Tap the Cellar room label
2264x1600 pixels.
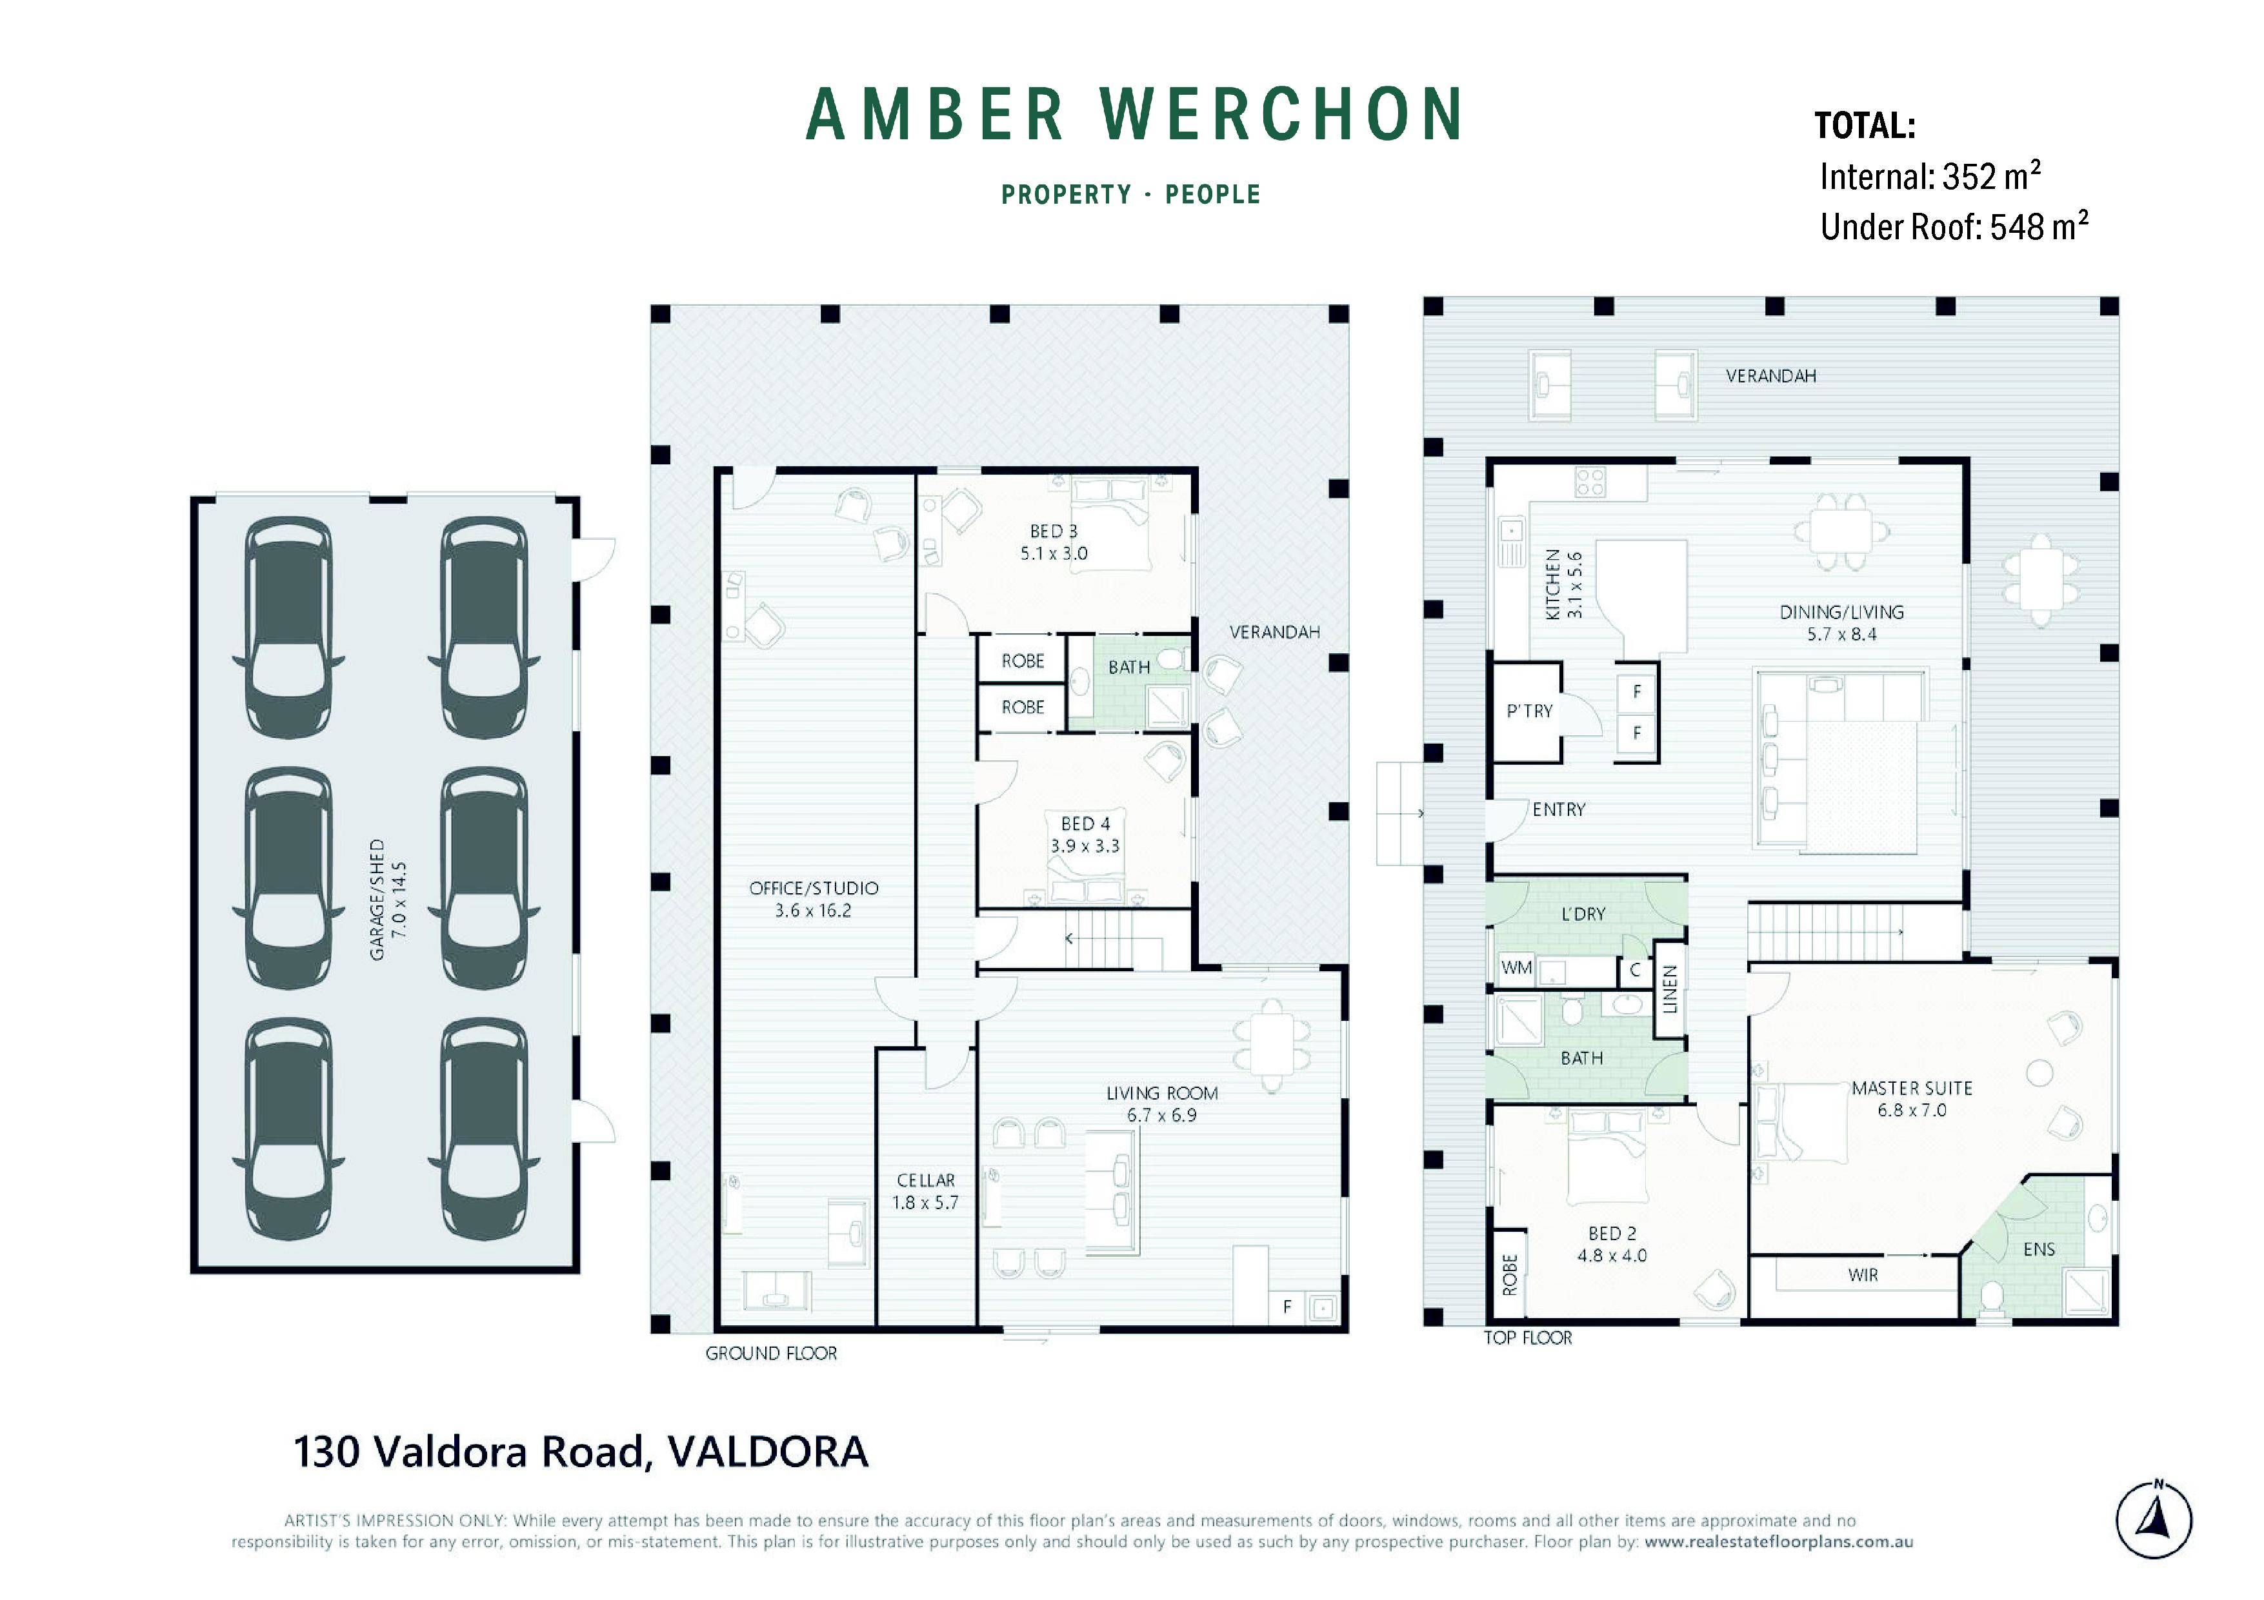(925, 1180)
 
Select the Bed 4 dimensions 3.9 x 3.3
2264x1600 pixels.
(1085, 846)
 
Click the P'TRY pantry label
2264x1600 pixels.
(1529, 711)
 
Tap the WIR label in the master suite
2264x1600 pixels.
(1863, 1275)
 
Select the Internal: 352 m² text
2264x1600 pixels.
(1928, 177)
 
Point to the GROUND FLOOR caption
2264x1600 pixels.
(771, 1354)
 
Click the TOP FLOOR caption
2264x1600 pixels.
(1527, 1338)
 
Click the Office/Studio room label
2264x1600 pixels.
(814, 888)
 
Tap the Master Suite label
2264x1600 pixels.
(1911, 1089)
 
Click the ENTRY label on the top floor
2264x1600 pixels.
(1558, 809)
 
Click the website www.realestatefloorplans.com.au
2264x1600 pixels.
(1778, 1542)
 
